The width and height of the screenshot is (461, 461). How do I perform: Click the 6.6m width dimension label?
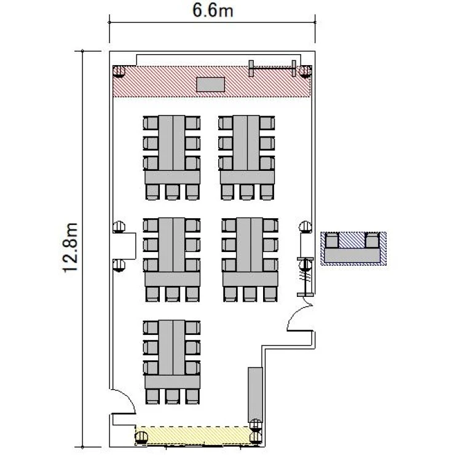pos(213,10)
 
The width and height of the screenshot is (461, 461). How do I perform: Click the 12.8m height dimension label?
pos(71,248)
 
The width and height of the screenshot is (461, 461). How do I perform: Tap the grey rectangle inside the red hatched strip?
pos(210,84)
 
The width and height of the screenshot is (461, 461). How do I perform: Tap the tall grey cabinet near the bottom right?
pos(255,395)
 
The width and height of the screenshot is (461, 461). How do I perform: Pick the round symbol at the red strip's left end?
pos(119,71)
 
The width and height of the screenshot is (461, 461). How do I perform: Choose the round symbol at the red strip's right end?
pos(305,71)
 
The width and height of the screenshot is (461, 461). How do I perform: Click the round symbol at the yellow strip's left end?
pos(141,437)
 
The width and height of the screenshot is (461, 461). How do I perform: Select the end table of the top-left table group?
pos(172,177)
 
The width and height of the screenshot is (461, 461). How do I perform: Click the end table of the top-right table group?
pos(247,177)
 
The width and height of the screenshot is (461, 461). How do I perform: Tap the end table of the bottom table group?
pos(172,382)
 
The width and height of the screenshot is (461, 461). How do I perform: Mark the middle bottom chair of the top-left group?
pos(172,192)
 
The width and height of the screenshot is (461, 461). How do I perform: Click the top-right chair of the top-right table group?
pos(267,123)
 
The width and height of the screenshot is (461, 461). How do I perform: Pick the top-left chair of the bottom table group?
pos(151,328)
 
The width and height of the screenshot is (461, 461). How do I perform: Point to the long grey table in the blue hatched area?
pos(352,255)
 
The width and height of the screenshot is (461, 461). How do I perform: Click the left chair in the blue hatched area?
pos(332,240)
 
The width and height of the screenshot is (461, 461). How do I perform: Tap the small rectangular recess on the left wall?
pos(124,246)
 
